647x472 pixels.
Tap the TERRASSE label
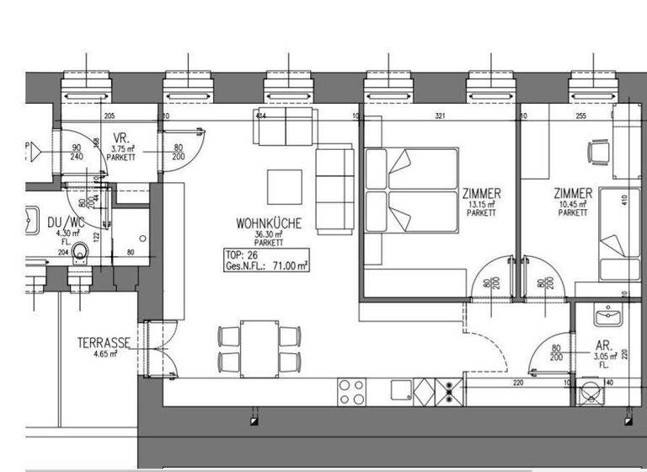tap(103, 343)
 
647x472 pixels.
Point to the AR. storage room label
tap(603, 346)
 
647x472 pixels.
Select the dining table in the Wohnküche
tap(260, 346)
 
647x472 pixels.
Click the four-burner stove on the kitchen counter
tap(352, 391)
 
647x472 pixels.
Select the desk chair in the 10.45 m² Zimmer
tap(597, 152)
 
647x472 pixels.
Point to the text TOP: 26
tap(243, 255)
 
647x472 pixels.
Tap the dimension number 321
tap(439, 116)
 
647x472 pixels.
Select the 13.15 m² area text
tap(481, 205)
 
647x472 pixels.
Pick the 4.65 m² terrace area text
tap(103, 355)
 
